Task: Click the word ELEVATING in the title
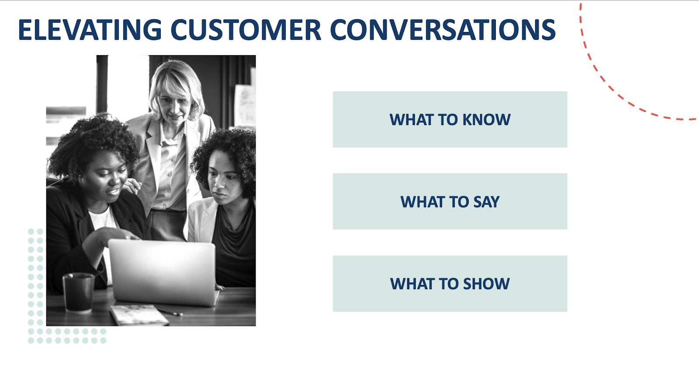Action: [x=90, y=30]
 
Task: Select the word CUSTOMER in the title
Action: [x=246, y=30]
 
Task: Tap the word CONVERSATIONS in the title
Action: [x=443, y=30]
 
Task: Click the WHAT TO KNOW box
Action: [x=450, y=119]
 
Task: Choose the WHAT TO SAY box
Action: [x=450, y=201]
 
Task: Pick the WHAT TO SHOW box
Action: [x=450, y=284]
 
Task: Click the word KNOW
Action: [x=487, y=119]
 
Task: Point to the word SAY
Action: [x=487, y=202]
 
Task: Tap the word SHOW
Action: [x=487, y=284]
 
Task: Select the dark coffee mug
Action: [x=78, y=293]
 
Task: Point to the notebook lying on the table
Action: [x=139, y=315]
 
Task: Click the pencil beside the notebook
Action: [x=170, y=312]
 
